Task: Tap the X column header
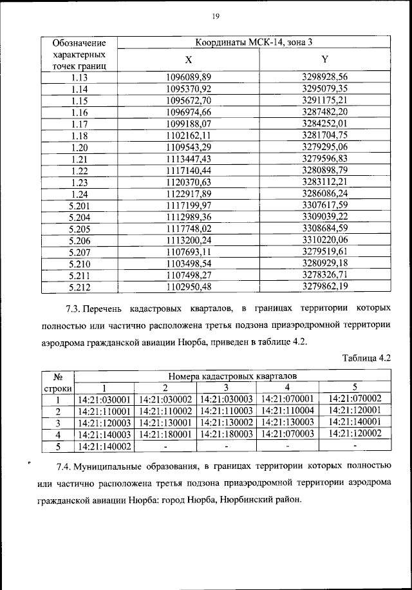pyautogui.click(x=189, y=59)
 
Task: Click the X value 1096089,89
pyautogui.click(x=189, y=77)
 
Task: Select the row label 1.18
pyautogui.click(x=80, y=135)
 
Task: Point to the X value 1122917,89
pyautogui.click(x=189, y=193)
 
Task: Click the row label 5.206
pyautogui.click(x=80, y=240)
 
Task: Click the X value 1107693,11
pyautogui.click(x=189, y=251)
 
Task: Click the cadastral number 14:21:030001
pyautogui.click(x=104, y=399)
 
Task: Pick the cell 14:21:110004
pyautogui.click(x=289, y=411)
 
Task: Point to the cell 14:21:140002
pyautogui.click(x=104, y=446)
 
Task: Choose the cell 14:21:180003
pyautogui.click(x=227, y=434)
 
